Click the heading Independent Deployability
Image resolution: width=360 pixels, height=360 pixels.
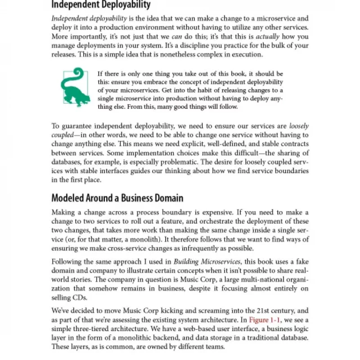[101, 6]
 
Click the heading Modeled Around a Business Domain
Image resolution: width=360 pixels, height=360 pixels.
[117, 198]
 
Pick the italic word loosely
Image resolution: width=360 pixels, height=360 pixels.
[299, 126]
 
